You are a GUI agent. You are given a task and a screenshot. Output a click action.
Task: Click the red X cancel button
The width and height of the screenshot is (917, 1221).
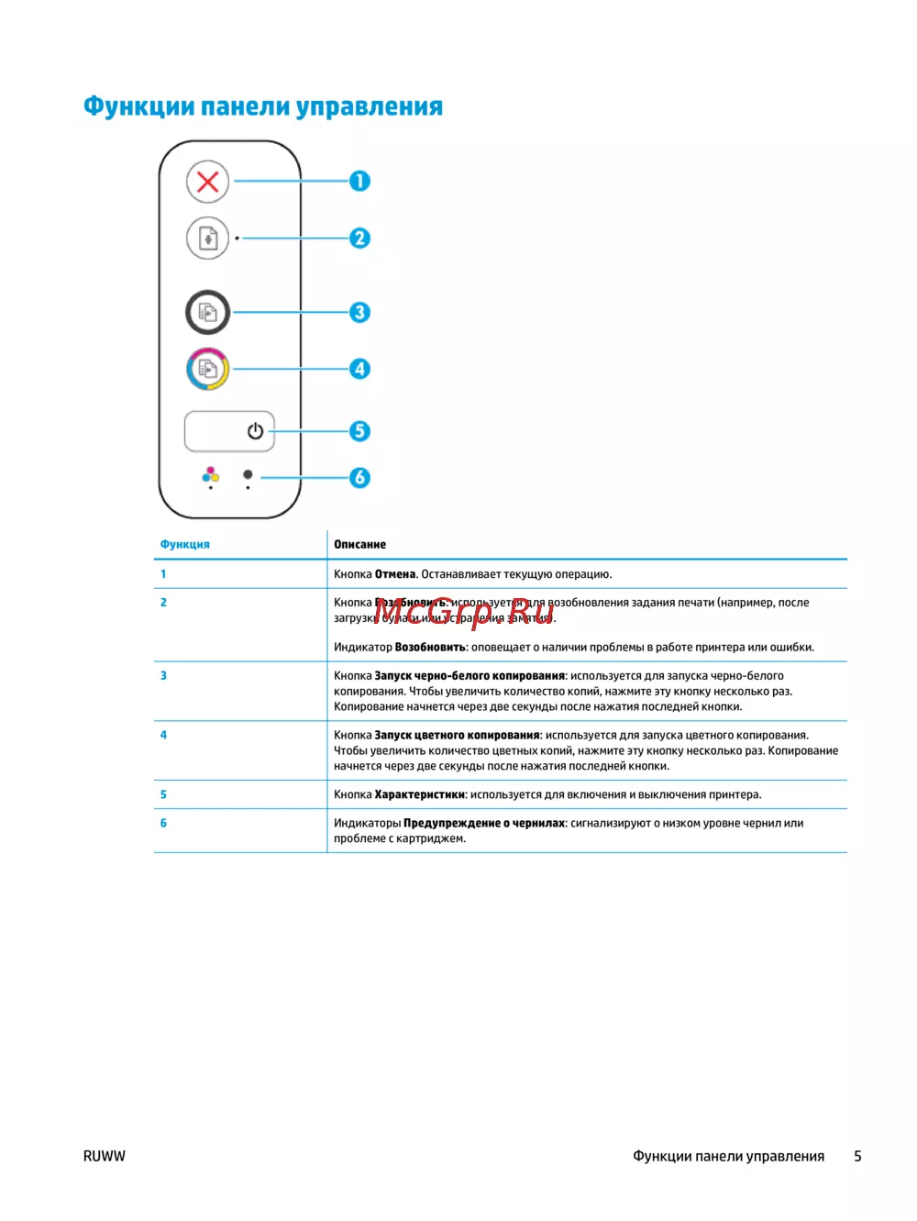pos(208,182)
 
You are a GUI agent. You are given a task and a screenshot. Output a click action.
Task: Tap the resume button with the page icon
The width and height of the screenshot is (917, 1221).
pos(208,239)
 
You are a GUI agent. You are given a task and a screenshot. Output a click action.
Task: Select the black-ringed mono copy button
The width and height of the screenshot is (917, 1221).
pos(208,313)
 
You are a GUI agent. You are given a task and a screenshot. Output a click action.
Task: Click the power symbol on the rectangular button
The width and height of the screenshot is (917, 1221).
pos(255,431)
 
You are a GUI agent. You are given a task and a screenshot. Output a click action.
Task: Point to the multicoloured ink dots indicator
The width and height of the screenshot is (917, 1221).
pos(211,474)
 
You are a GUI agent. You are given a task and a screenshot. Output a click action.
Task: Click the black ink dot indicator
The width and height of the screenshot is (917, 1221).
pos(248,474)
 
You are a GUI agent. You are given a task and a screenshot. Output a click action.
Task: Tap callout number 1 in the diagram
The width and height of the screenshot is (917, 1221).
pos(359,182)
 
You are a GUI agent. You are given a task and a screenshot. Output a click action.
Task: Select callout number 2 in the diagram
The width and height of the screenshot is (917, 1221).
pos(359,239)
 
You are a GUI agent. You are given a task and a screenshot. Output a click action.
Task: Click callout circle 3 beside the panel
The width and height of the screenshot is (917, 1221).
pos(359,313)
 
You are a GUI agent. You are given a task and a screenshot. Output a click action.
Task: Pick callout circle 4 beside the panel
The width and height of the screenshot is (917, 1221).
pos(359,369)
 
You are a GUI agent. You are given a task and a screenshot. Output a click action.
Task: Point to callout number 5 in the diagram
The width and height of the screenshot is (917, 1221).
pos(359,431)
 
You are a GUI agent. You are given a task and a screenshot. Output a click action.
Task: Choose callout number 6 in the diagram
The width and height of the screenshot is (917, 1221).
pos(359,477)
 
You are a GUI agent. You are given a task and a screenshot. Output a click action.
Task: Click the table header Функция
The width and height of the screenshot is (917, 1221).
pos(185,544)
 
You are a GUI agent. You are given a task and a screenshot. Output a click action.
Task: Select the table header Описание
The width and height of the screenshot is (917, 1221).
pos(359,544)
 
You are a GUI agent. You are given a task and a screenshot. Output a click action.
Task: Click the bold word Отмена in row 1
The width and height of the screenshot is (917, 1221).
pos(395,574)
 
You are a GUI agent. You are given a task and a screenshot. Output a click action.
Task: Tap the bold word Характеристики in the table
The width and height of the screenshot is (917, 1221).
pos(420,794)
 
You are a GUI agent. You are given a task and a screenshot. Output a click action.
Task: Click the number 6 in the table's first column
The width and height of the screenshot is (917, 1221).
pos(163,823)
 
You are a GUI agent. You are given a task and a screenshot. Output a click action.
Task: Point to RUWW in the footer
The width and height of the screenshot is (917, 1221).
pos(105,1156)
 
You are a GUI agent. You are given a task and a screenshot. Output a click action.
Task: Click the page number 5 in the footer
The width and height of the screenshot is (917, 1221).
pos(857,1156)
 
